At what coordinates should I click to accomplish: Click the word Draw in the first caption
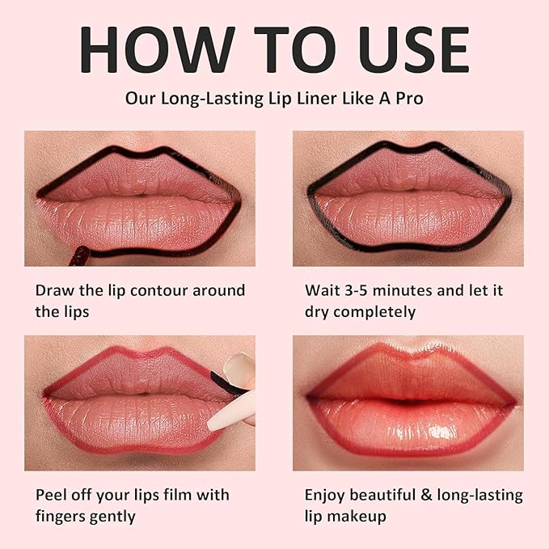[53, 290]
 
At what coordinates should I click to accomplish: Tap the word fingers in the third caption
[63, 516]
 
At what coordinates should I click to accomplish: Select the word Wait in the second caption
[322, 290]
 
